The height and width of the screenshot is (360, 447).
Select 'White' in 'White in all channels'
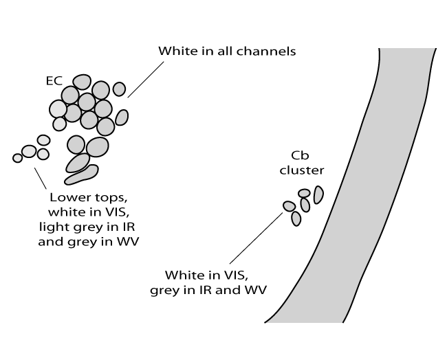click(175, 52)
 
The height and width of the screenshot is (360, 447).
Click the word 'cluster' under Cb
click(301, 170)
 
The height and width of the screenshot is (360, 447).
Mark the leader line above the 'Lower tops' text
click(39, 177)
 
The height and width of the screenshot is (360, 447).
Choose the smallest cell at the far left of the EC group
click(18, 158)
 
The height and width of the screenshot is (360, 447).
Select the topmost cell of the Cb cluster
click(305, 193)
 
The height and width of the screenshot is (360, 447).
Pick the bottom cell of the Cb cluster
click(296, 218)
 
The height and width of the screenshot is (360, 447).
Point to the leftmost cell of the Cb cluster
click(290, 206)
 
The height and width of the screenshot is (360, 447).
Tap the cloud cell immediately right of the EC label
click(82, 82)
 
